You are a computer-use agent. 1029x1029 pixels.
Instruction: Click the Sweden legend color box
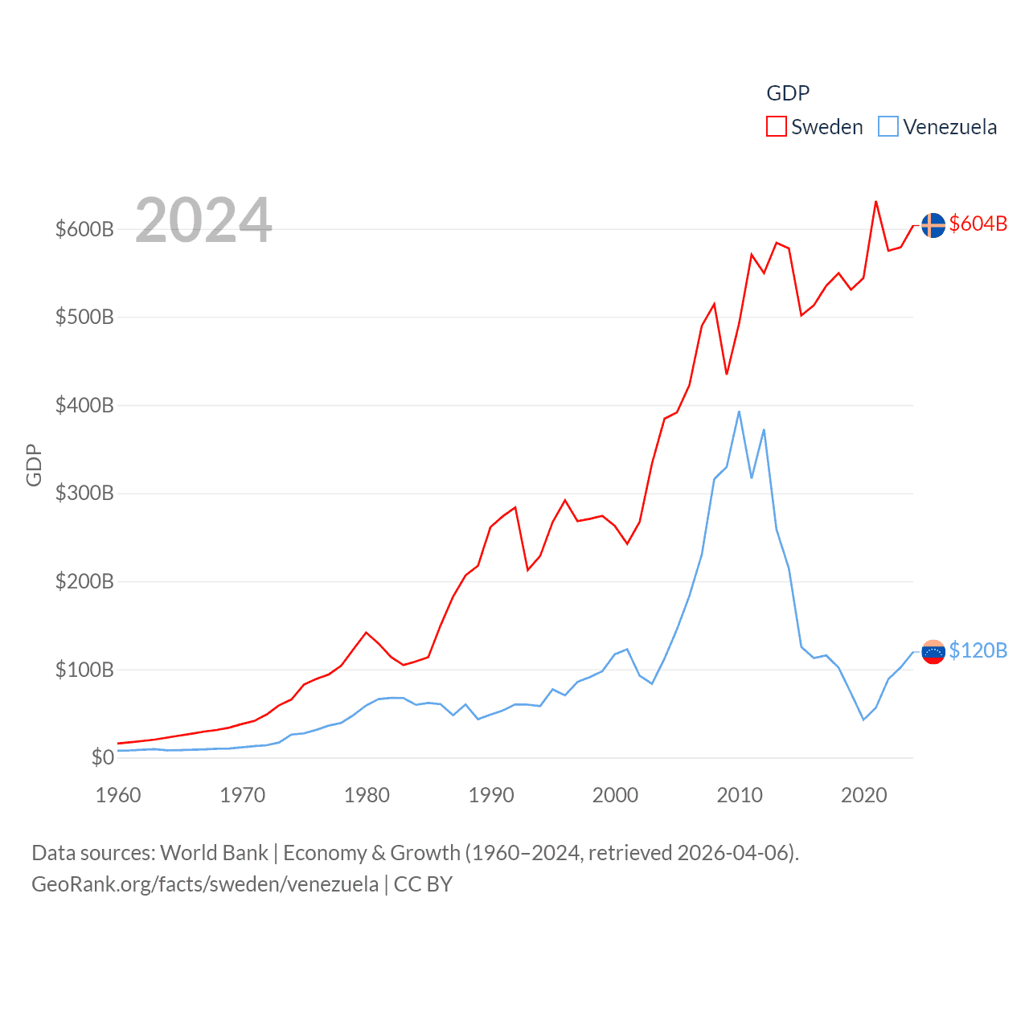pos(776,127)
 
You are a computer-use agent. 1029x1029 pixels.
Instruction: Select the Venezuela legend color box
pos(888,127)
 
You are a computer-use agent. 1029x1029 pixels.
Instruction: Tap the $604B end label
pos(978,223)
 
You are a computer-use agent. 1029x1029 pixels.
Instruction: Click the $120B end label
pos(978,650)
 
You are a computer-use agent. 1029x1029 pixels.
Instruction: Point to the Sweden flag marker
pos(933,225)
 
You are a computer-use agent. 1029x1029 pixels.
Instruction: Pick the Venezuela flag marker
pos(933,652)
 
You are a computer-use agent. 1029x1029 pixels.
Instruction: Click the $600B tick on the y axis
pos(84,229)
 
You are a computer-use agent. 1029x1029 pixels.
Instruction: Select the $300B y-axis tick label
pos(84,494)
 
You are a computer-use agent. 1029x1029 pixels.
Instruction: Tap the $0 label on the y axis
pos(102,757)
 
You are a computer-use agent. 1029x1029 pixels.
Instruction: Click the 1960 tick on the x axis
pos(118,795)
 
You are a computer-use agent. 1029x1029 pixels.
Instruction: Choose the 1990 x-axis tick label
pos(491,795)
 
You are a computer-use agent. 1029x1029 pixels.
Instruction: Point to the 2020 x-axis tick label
pos(864,795)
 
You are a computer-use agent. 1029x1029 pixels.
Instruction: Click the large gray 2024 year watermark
pos(203,220)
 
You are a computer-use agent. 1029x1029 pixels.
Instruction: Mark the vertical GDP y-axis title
pos(34,465)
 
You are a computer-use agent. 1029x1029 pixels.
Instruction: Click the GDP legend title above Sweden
pos(788,93)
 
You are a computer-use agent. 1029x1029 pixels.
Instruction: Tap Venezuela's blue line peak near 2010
pos(739,412)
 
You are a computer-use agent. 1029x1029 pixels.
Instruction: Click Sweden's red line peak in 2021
pos(875,202)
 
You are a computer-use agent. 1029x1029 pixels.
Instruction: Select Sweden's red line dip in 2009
pos(727,374)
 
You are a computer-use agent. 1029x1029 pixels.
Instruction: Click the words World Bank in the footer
pos(214,852)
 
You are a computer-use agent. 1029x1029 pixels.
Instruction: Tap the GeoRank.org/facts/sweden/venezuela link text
pos(205,884)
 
